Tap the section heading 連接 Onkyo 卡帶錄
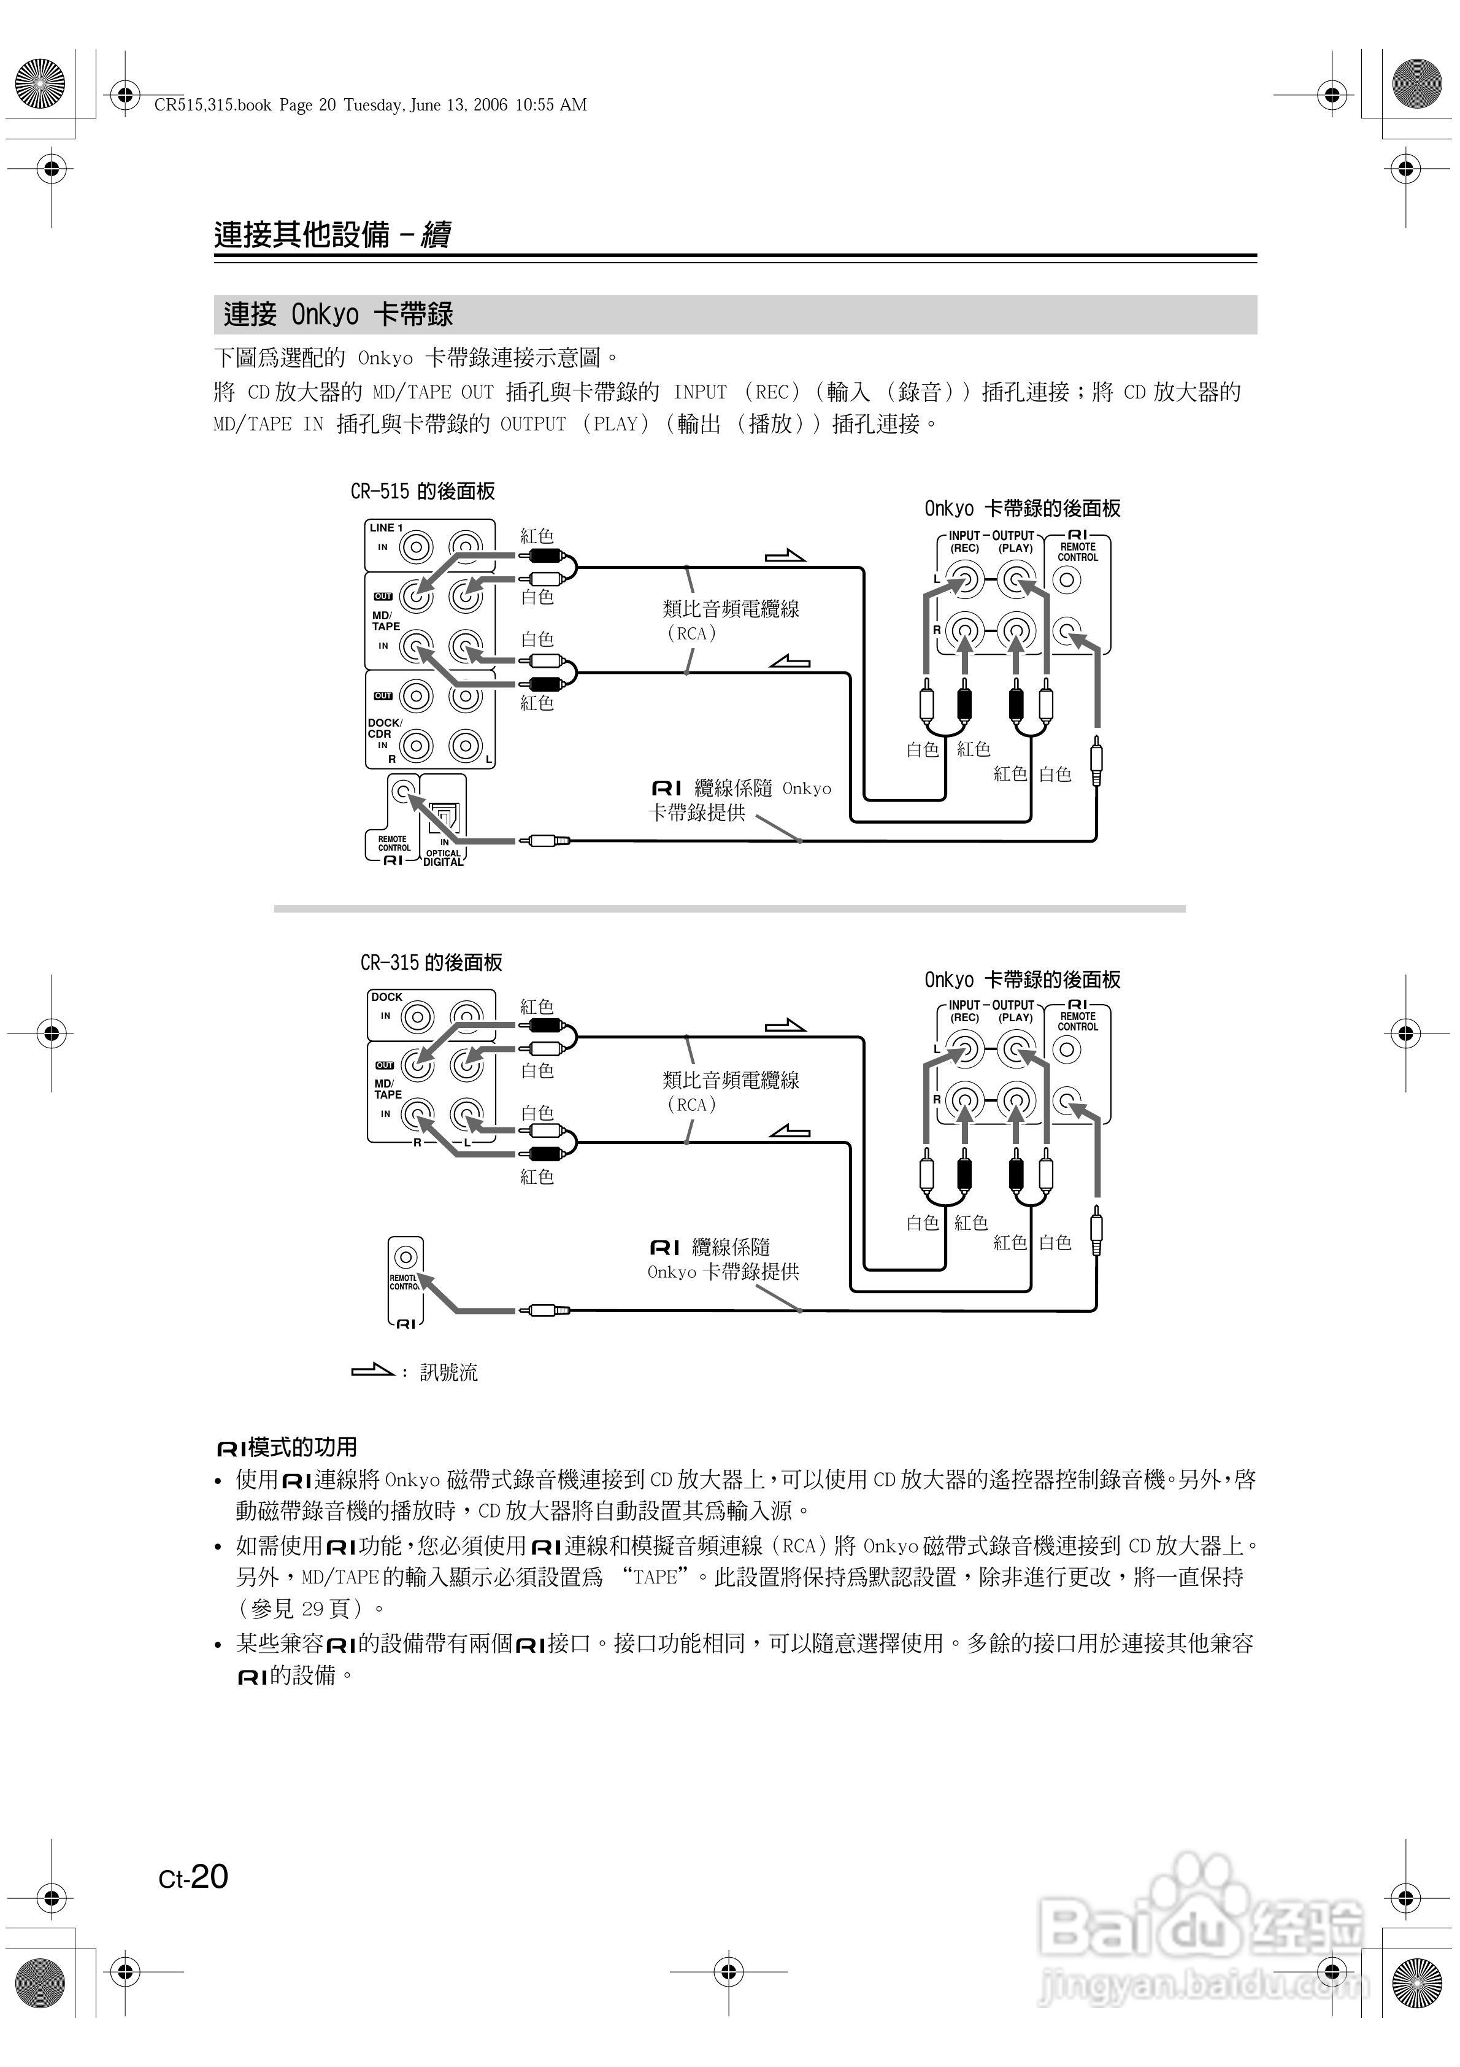click(337, 315)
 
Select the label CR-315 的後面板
click(431, 962)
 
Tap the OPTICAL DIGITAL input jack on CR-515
click(445, 816)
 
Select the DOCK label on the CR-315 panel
click(387, 997)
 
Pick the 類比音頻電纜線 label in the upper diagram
click(731, 609)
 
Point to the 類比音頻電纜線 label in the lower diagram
click(731, 1080)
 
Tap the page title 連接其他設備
click(302, 235)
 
